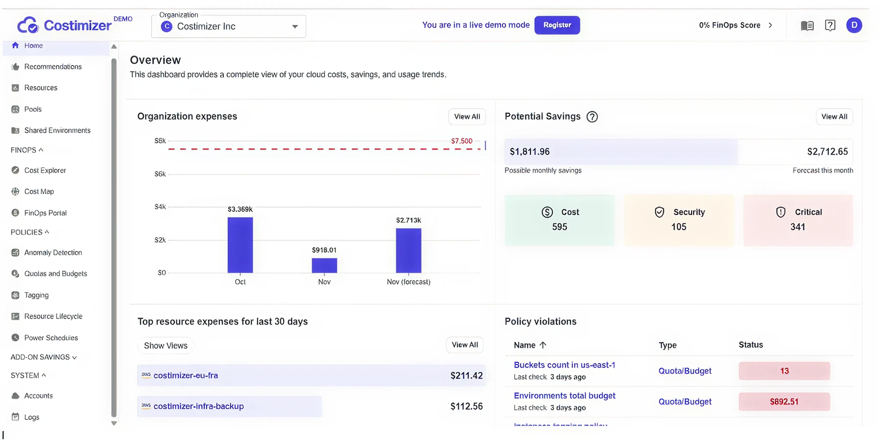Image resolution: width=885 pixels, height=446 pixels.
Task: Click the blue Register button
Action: pyautogui.click(x=557, y=25)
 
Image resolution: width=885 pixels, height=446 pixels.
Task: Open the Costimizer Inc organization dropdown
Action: pyautogui.click(x=229, y=26)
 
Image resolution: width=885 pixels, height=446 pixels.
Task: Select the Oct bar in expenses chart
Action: pyautogui.click(x=240, y=245)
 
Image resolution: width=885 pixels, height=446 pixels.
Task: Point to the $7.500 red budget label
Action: pyautogui.click(x=461, y=141)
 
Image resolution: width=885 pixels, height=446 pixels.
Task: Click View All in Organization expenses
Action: pyautogui.click(x=466, y=117)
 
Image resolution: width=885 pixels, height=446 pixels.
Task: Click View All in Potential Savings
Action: pyautogui.click(x=834, y=117)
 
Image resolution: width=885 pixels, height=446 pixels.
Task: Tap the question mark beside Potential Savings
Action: pyautogui.click(x=592, y=117)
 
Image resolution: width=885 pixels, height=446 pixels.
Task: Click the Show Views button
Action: pyautogui.click(x=166, y=346)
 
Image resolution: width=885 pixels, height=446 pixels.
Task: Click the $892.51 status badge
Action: pyautogui.click(x=784, y=402)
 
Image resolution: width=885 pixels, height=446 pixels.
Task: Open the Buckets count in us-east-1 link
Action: pyautogui.click(x=564, y=365)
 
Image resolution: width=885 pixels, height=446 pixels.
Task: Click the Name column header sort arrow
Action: pyautogui.click(x=543, y=345)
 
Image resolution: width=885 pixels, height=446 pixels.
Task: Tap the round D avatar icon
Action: pyautogui.click(x=854, y=25)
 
